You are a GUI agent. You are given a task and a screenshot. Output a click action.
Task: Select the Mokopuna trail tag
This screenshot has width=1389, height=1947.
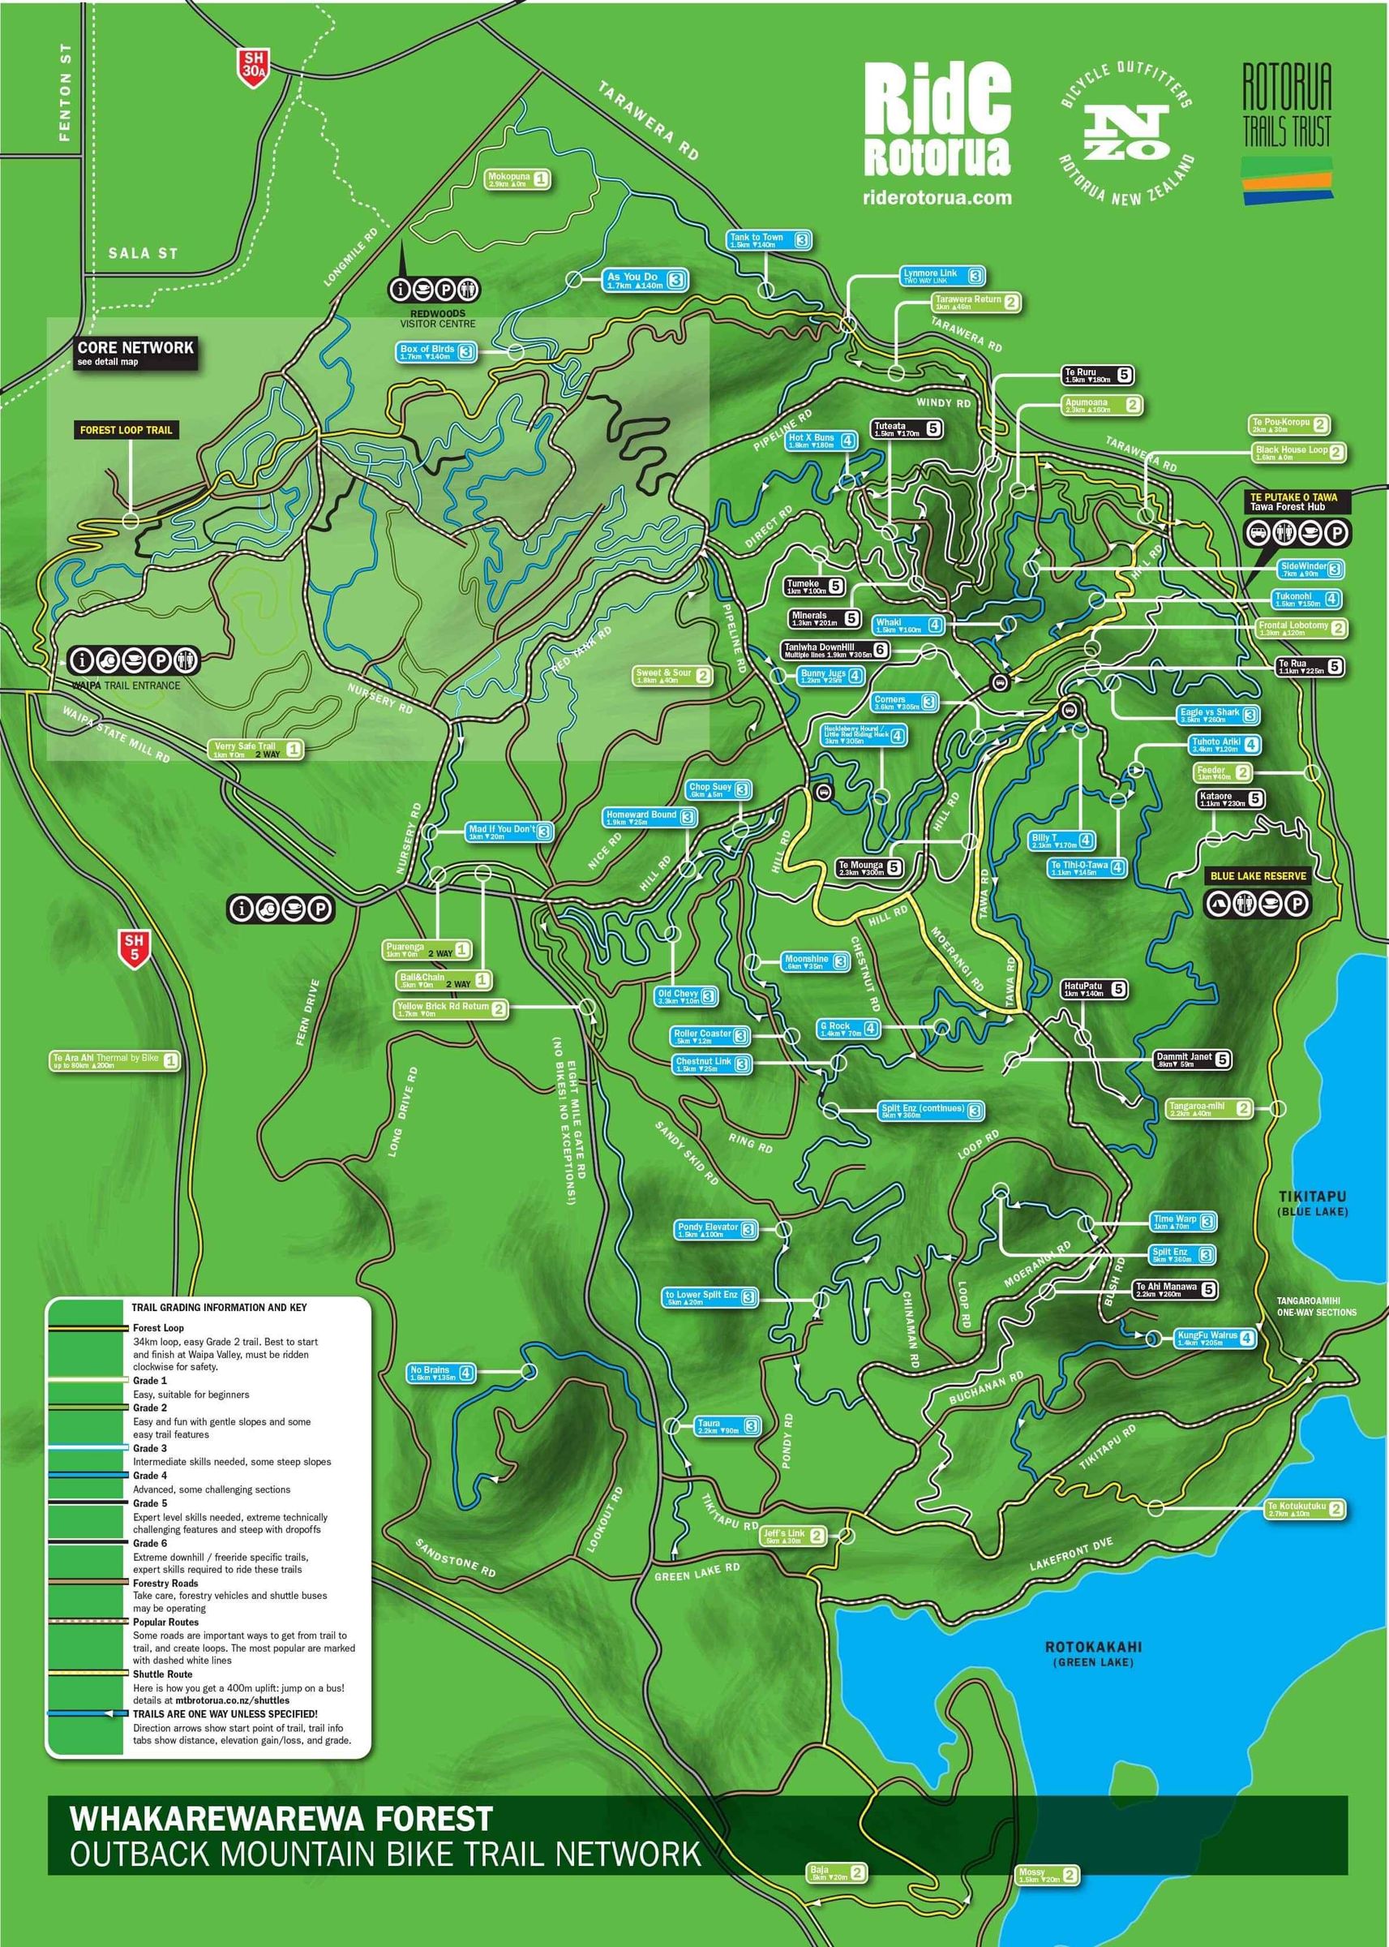517,179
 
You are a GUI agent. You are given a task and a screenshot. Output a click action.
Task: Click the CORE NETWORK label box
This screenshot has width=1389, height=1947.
135,351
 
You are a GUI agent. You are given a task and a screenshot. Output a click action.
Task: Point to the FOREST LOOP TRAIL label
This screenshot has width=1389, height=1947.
126,430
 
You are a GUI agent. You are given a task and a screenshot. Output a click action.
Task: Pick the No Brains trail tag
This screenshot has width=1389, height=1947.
440,1373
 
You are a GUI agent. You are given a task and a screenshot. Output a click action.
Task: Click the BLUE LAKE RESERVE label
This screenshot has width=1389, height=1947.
1258,876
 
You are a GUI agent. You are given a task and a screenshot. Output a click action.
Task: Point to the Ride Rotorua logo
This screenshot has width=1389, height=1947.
937,120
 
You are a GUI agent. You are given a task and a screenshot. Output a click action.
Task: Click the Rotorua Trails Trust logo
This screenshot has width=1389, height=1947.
1286,132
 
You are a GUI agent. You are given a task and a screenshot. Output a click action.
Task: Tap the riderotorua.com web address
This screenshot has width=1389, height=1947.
937,198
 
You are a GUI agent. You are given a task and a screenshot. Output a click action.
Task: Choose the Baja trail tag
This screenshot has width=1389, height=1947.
837,1873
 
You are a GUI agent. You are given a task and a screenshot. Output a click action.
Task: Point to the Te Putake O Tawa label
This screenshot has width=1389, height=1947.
1293,502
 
